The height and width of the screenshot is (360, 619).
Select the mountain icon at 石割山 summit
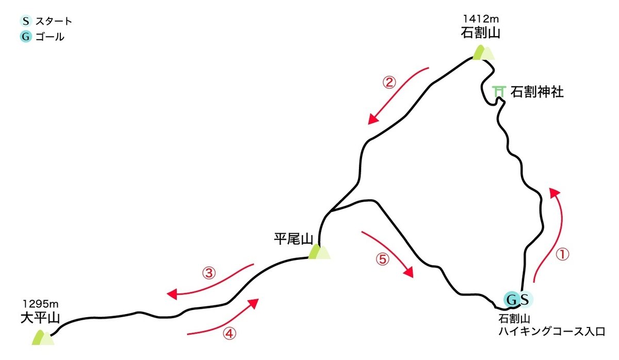(483, 53)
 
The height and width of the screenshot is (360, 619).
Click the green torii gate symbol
(498, 91)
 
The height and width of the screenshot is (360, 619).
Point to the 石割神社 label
(537, 92)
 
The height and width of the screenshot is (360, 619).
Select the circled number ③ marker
(208, 273)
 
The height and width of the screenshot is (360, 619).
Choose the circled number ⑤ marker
(382, 259)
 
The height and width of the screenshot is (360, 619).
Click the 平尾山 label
(294, 239)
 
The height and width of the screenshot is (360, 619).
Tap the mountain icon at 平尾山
(318, 252)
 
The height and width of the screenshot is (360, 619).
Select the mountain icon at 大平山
(42, 337)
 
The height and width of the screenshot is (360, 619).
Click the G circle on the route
(512, 299)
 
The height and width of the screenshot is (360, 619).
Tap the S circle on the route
(524, 299)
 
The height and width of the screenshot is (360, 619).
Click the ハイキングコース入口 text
(551, 331)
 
